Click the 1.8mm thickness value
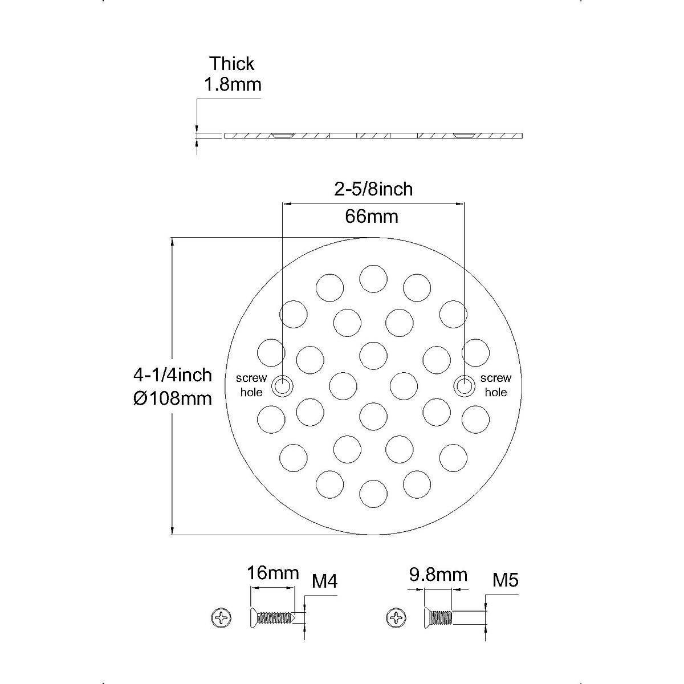coord(233,85)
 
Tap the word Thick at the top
coord(232,64)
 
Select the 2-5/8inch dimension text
coord(373,189)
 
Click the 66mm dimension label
coord(372,217)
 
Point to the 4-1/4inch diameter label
coord(173,375)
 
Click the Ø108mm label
coord(173,398)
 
